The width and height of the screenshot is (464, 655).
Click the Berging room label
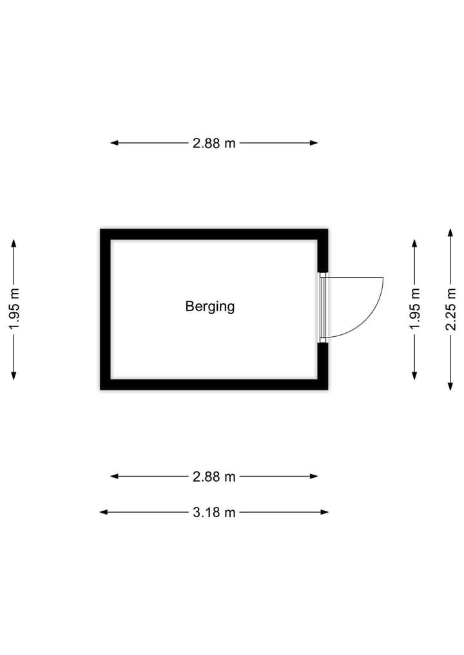click(210, 306)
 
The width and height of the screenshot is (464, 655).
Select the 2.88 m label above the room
click(214, 143)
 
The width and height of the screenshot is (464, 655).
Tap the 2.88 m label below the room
click(214, 477)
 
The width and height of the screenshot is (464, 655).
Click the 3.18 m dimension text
click(214, 513)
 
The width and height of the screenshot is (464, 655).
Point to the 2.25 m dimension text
click(450, 309)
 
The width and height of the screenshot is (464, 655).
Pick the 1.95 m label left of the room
click(14, 309)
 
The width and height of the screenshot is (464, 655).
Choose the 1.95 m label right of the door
click(414, 309)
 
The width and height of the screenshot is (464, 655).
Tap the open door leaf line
click(354, 278)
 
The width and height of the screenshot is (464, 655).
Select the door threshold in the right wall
click(323, 308)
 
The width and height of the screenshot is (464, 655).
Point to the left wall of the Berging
click(105, 309)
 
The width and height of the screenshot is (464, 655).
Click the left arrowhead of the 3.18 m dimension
click(103, 512)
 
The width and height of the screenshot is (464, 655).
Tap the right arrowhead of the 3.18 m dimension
click(325, 512)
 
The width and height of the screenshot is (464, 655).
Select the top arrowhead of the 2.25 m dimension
click(450, 233)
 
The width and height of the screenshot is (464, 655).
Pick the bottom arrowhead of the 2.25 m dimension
click(450, 386)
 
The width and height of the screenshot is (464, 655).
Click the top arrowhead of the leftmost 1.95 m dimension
click(14, 243)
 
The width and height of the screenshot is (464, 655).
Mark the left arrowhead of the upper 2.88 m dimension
click(114, 143)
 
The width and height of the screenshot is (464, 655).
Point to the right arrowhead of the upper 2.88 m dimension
click(314, 143)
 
